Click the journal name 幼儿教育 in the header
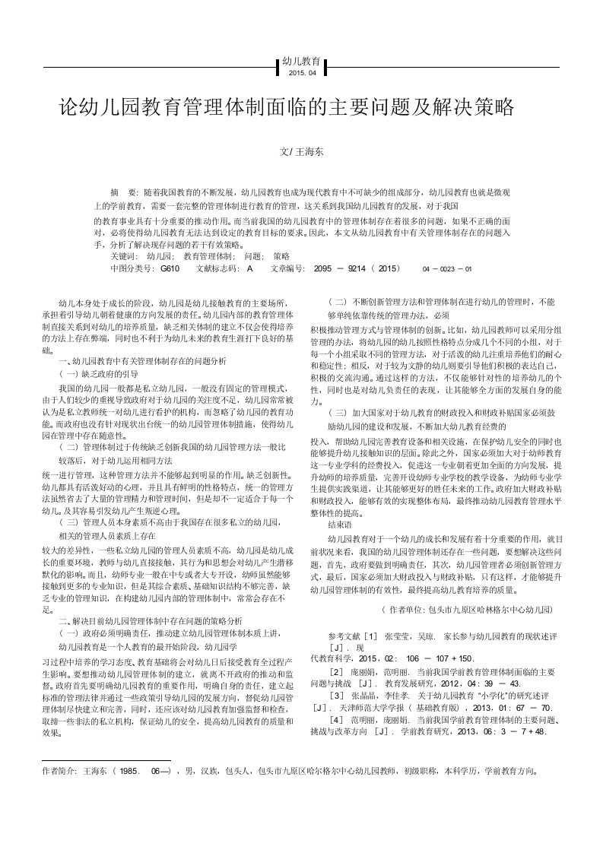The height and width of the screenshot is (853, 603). pyautogui.click(x=301, y=61)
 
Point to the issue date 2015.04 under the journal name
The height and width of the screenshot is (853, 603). pyautogui.click(x=301, y=73)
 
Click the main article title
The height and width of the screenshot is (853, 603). pyautogui.click(x=287, y=107)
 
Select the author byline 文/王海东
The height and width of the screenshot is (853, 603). pyautogui.click(x=302, y=152)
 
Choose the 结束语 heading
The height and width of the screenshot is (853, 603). pyautogui.click(x=339, y=525)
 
